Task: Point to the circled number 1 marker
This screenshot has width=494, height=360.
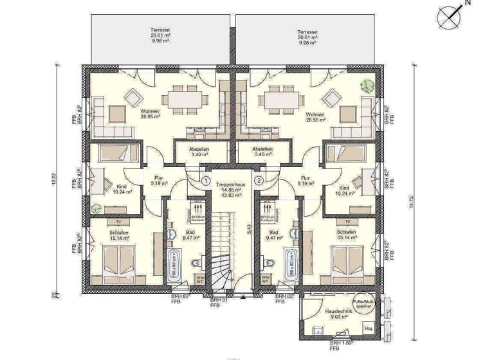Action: click(x=204, y=182)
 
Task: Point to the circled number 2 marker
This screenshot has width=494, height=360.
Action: click(x=259, y=182)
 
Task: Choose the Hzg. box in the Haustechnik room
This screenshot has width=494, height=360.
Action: click(x=369, y=328)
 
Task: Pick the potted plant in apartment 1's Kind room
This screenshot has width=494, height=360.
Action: click(x=96, y=207)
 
